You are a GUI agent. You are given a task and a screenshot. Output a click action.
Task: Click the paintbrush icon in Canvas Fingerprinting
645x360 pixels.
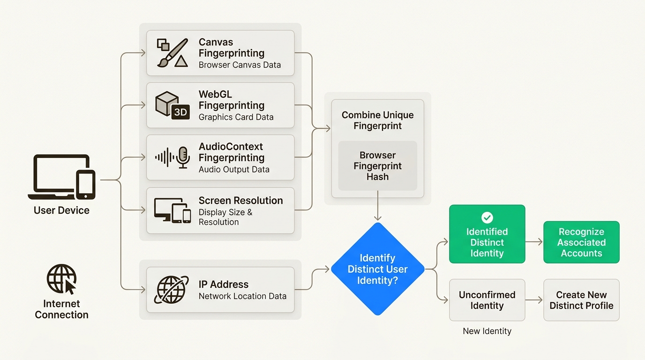point(172,52)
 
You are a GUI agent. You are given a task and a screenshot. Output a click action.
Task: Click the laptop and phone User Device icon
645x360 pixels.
point(61,177)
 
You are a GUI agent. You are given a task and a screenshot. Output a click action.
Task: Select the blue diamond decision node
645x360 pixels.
point(377,269)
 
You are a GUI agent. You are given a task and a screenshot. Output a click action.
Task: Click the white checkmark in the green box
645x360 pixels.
point(487,217)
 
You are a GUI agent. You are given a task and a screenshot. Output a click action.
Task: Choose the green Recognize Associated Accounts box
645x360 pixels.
point(581,242)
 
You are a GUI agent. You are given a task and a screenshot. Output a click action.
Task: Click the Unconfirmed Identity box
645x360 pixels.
point(487,300)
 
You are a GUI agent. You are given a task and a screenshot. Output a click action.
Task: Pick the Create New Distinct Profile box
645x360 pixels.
point(581,300)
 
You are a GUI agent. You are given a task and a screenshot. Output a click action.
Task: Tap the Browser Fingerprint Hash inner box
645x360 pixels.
point(377,166)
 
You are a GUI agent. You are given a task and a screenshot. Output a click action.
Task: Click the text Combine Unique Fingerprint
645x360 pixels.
point(377,120)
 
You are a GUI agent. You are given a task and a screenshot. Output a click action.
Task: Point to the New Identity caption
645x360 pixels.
point(487,331)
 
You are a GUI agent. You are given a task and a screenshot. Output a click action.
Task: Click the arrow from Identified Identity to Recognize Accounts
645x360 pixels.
point(534,242)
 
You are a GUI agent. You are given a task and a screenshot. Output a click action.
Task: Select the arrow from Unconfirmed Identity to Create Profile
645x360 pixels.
point(534,300)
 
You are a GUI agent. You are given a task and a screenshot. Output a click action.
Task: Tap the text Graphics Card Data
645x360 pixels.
point(236,117)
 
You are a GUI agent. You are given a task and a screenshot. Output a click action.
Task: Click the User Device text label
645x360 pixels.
point(61,210)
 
